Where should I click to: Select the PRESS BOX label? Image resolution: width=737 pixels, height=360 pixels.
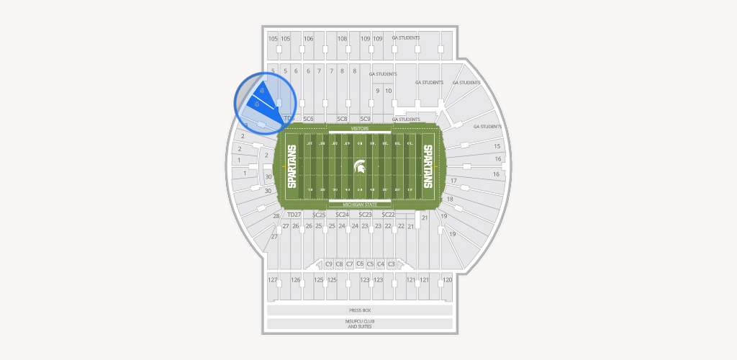[x=360, y=310]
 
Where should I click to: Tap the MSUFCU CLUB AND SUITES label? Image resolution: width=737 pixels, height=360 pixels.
[x=360, y=324]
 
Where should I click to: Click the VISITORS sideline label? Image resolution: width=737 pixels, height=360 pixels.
[x=360, y=128]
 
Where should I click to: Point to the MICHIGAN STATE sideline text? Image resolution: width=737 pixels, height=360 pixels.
[x=360, y=204]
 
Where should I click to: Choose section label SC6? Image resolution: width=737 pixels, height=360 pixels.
[x=308, y=119]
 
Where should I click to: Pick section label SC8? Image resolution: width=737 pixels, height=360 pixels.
[x=343, y=119]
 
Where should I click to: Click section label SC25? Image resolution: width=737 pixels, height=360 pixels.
[x=320, y=215]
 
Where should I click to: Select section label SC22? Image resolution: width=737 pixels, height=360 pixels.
[x=389, y=215]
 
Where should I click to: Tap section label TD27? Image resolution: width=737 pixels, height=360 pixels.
[x=294, y=215]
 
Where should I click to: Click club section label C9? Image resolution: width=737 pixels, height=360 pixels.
[x=329, y=264]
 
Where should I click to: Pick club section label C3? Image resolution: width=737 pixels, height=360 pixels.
[x=392, y=264]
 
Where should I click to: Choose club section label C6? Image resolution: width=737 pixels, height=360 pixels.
[x=360, y=264]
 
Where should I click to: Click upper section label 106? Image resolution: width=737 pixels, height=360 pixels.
[x=309, y=39]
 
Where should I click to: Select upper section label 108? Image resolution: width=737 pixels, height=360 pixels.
[x=343, y=39]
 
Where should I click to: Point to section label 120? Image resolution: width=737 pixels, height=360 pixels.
[x=447, y=279]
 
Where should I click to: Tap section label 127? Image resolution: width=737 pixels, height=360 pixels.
[x=273, y=279]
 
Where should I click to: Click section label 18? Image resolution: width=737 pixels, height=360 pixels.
[x=450, y=199]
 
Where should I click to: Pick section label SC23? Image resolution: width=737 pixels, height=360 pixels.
[x=366, y=215]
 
